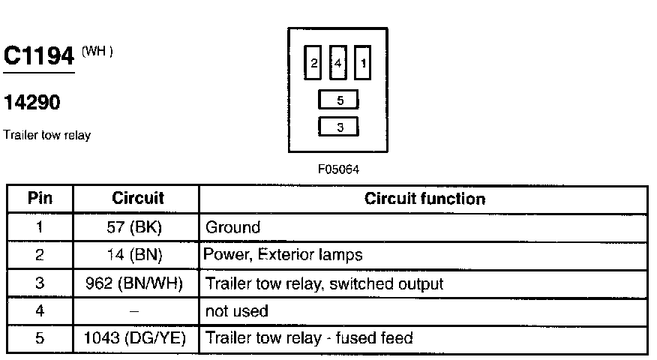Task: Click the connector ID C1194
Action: pyautogui.click(x=39, y=57)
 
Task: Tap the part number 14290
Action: pyautogui.click(x=32, y=103)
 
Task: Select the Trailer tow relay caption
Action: pyautogui.click(x=46, y=136)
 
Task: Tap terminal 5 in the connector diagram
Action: pyautogui.click(x=339, y=100)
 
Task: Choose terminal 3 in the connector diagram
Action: pyautogui.click(x=339, y=127)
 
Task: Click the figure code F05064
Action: pyautogui.click(x=339, y=169)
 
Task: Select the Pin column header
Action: pyautogui.click(x=40, y=199)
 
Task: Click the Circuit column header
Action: pyautogui.click(x=137, y=199)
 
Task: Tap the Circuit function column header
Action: pyautogui.click(x=424, y=199)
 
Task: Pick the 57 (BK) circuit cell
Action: pyautogui.click(x=136, y=227)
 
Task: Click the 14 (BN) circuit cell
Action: pyautogui.click(x=136, y=255)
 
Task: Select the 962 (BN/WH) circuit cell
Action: pyautogui.click(x=136, y=283)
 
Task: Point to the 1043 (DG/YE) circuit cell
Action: pyautogui.click(x=136, y=338)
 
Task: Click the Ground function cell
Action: pyautogui.click(x=232, y=227)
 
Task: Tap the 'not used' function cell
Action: pyautogui.click(x=236, y=310)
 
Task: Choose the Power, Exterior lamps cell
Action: pyautogui.click(x=283, y=255)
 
